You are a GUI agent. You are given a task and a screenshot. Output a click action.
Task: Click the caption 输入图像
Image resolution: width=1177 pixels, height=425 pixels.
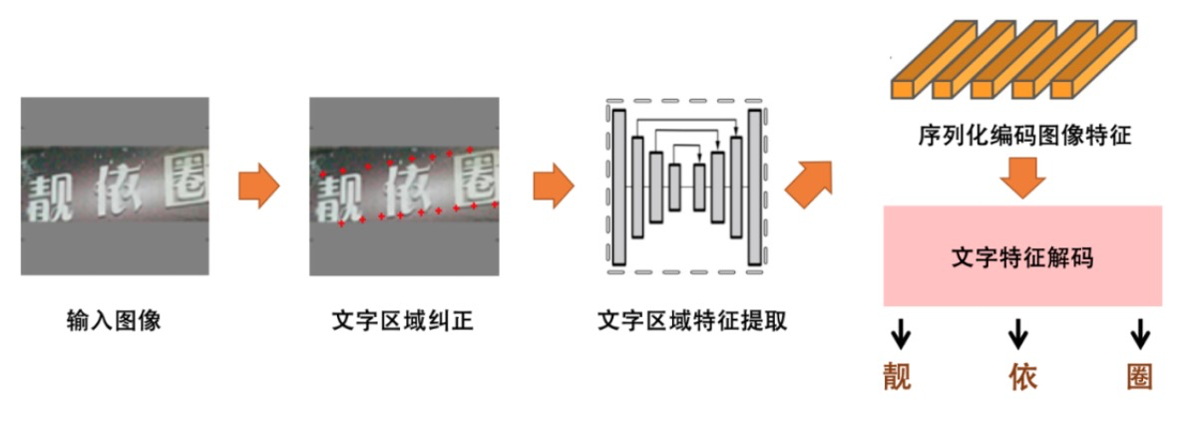(114, 321)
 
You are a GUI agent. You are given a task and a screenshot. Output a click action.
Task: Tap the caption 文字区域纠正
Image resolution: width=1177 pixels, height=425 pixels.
(403, 321)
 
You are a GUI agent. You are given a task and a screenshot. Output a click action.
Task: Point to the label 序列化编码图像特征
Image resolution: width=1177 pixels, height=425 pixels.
(1024, 137)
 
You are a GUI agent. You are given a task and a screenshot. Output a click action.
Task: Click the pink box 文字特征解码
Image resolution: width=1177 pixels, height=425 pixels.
(1022, 256)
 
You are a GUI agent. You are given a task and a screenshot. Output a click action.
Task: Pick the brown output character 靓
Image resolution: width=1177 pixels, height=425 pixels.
(898, 376)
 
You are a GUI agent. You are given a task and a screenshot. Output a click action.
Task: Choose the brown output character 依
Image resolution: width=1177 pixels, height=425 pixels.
(1023, 376)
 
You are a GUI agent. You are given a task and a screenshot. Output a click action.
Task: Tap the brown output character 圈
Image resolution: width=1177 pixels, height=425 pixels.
(1139, 376)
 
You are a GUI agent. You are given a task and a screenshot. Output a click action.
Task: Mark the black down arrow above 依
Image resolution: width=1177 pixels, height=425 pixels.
(1018, 333)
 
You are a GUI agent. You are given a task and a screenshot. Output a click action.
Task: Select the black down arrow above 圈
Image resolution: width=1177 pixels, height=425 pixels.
(1140, 333)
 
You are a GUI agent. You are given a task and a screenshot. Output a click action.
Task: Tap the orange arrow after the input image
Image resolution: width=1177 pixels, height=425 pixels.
(258, 187)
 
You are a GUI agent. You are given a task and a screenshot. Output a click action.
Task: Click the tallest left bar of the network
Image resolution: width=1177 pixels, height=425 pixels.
(618, 187)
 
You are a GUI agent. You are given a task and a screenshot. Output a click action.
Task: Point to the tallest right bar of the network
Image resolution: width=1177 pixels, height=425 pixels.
(754, 187)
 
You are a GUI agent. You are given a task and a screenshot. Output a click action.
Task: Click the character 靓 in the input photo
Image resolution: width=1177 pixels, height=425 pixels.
(48, 195)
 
